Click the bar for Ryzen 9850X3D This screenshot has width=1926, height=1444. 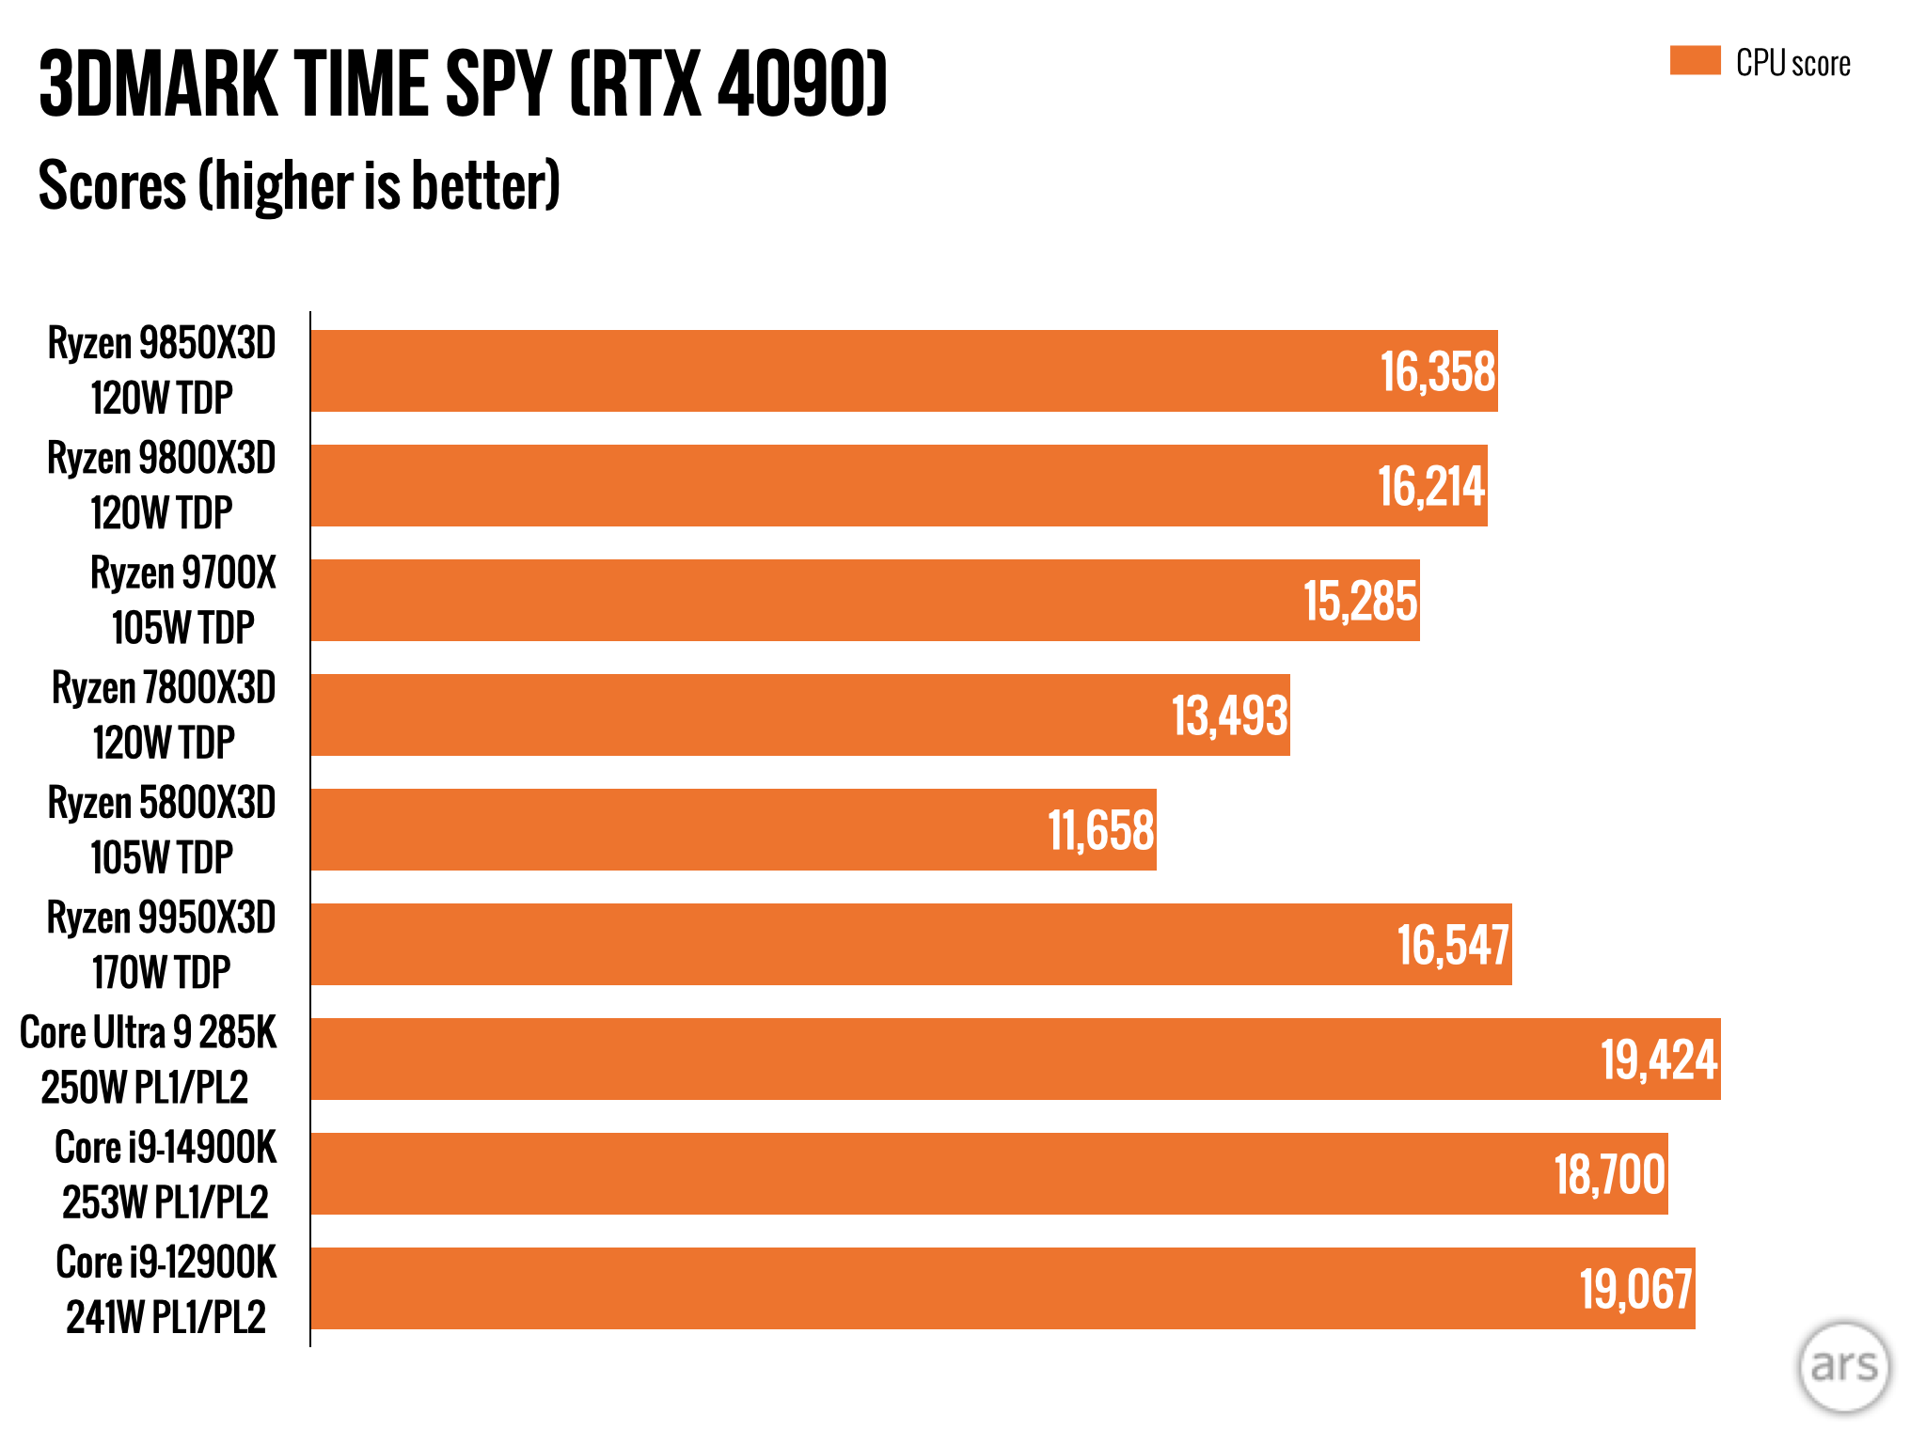(x=903, y=370)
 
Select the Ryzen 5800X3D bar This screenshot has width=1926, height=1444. (x=734, y=829)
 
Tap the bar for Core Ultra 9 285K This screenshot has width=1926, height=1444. (x=1016, y=1059)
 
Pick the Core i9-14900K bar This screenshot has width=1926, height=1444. (x=987, y=1173)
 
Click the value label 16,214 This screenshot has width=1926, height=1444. (x=1430, y=487)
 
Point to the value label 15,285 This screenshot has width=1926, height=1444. (x=1360, y=602)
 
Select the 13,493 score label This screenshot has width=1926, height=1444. (x=1229, y=716)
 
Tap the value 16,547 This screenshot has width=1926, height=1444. (x=1453, y=946)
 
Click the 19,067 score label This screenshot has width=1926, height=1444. (x=1635, y=1290)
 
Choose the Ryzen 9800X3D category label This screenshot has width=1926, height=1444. (x=162, y=460)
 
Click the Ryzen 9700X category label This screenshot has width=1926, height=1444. (x=183, y=574)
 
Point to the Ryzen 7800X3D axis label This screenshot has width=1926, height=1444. (x=164, y=689)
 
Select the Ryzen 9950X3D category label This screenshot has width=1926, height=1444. (x=162, y=918)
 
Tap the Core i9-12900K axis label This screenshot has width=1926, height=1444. (x=166, y=1263)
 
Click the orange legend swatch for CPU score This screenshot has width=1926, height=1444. (x=1695, y=61)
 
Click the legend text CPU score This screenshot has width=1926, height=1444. (x=1792, y=64)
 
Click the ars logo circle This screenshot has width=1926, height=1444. (x=1843, y=1367)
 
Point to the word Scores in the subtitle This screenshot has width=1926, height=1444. (x=113, y=186)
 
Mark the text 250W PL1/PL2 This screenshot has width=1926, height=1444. (x=145, y=1088)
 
